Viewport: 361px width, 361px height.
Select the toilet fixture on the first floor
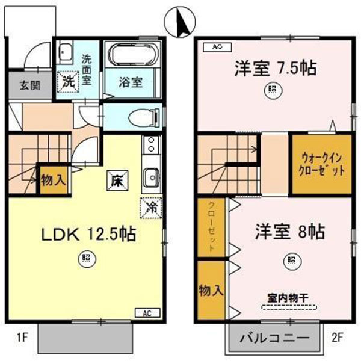pos(143,117)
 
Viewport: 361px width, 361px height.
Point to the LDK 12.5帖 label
pos(88,234)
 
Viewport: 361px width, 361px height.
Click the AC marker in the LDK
pos(147,312)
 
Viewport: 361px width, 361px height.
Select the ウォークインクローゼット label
pos(322,164)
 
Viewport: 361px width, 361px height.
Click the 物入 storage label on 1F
pos(53,179)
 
